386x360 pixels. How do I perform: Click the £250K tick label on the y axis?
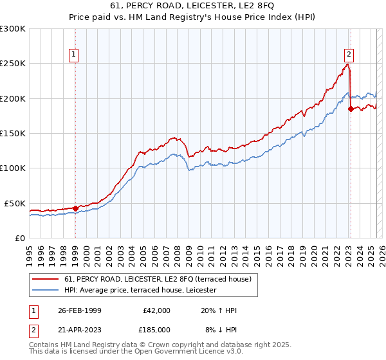pos(13,64)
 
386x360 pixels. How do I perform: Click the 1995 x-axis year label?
pos(30,250)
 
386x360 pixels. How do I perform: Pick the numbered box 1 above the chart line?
pos(75,55)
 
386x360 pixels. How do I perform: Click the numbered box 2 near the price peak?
pos(349,55)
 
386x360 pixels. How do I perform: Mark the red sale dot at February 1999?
pos(75,208)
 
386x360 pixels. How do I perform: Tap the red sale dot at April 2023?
pos(351,109)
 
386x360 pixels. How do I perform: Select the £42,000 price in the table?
pos(156,310)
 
